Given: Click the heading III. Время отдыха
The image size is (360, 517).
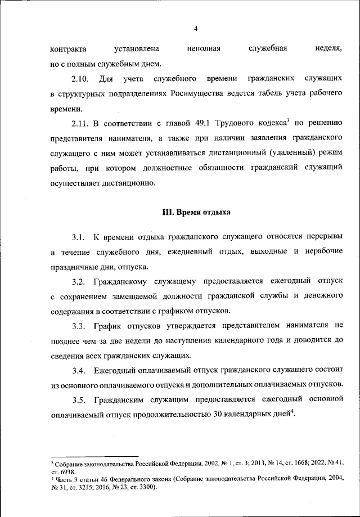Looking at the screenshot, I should click(x=196, y=213).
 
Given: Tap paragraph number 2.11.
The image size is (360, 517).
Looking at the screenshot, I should click(x=81, y=123).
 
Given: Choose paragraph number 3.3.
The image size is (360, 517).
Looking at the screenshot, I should click(x=80, y=325).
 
